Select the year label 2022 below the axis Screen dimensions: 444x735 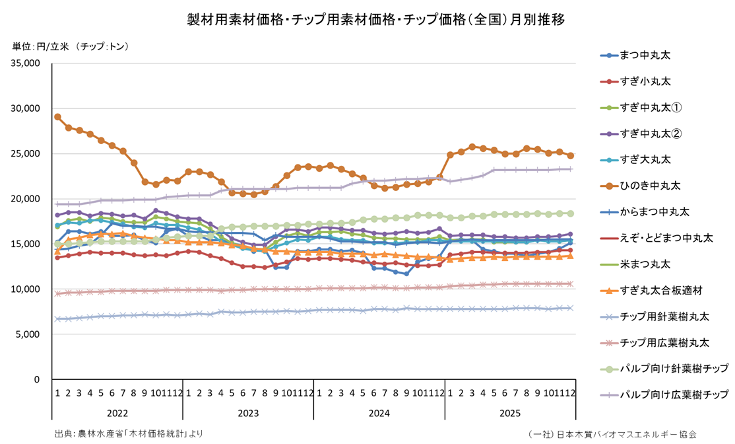pos(117,413)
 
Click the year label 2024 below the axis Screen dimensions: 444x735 pos(379,413)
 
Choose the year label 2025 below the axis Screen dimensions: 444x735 pos(510,413)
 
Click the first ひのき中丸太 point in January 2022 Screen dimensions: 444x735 pos(57,117)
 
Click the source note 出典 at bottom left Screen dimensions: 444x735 pos(129,434)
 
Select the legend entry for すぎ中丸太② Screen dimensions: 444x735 pos(649,133)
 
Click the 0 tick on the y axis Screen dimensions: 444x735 pos(37,380)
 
